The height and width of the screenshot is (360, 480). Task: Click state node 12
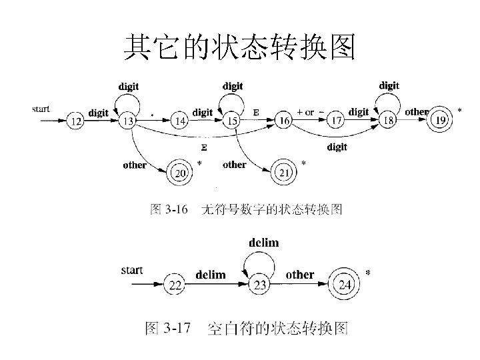point(77,121)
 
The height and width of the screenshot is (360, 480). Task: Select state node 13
point(127,121)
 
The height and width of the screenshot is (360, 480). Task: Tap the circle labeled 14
point(179,121)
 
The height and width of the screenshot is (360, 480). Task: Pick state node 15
point(233,121)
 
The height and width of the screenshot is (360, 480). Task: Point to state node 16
point(285,121)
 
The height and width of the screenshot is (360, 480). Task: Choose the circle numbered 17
point(336,121)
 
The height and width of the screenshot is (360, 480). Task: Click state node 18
point(389,121)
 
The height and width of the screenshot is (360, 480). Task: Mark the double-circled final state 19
point(440,121)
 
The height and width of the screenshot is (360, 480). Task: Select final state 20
point(181,174)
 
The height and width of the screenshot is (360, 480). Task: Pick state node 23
point(260,285)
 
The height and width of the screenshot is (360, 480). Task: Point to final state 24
point(345,285)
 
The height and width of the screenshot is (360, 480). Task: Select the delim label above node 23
point(263,243)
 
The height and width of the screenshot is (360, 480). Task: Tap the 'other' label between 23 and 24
point(300,275)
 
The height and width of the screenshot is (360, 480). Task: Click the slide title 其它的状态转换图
point(240,48)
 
